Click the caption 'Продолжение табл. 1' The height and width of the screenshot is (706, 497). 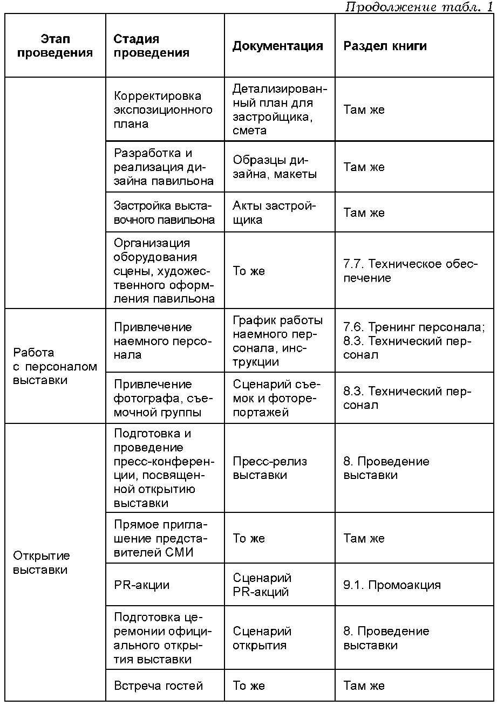[418, 7]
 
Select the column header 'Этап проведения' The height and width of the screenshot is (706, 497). [55, 46]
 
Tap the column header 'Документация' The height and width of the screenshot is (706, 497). [278, 46]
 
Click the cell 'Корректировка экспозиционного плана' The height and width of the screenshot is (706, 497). [163, 109]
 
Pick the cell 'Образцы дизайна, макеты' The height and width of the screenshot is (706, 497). [275, 167]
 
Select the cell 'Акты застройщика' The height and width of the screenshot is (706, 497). [274, 213]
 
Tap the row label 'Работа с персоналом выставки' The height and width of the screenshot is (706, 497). [55, 366]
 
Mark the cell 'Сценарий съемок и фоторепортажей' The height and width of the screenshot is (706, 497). [277, 398]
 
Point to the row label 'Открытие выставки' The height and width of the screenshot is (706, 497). [42, 563]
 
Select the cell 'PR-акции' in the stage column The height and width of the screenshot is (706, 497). [141, 585]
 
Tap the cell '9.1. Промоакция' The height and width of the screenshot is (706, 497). [392, 585]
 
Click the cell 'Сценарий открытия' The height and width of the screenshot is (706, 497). [262, 638]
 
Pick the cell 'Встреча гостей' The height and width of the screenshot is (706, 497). [159, 686]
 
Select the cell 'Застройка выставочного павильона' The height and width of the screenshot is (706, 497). [164, 213]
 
